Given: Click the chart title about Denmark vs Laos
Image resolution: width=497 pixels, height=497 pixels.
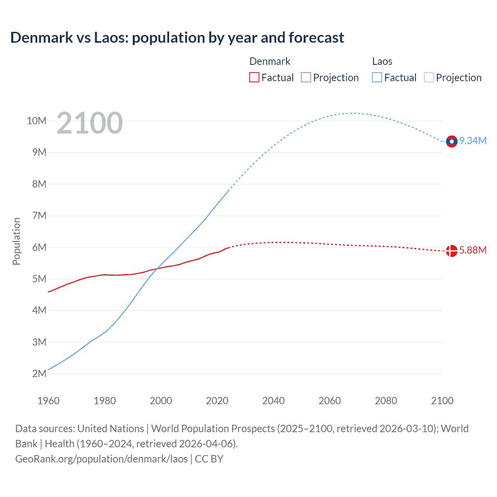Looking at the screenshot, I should (177, 38).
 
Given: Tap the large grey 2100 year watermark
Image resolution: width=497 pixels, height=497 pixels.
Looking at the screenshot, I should (90, 123).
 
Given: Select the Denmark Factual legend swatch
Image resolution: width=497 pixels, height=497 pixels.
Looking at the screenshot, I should (254, 77).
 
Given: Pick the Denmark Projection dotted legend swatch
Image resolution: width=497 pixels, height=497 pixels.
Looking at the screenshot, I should (306, 77).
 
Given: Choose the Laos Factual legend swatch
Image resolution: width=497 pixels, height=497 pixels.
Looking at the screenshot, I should (377, 77).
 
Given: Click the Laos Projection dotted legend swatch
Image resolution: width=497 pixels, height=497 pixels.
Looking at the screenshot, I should (429, 77).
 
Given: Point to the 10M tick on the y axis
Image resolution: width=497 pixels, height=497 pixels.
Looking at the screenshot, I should (36, 121).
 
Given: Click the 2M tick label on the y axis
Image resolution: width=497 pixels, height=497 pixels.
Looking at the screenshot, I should (39, 374).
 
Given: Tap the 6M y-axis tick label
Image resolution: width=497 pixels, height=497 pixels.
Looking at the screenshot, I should (39, 247).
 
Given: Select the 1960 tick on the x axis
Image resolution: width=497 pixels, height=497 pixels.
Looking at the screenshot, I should (49, 401).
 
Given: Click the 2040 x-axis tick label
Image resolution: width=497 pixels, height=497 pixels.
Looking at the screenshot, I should (273, 401).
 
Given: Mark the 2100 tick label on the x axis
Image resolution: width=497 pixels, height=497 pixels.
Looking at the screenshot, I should (442, 401).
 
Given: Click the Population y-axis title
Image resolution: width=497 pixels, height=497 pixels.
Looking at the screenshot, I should (16, 241).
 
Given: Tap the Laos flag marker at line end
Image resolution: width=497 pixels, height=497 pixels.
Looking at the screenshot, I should (452, 142).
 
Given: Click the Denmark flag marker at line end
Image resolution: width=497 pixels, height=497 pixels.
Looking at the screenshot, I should (452, 251).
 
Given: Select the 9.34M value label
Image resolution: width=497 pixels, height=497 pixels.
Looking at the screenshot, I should (473, 141).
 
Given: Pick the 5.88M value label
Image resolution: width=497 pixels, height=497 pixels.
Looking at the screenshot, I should (473, 250).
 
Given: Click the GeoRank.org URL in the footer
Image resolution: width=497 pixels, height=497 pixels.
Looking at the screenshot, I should (101, 459).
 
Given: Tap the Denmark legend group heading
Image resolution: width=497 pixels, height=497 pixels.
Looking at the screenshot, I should (269, 61).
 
